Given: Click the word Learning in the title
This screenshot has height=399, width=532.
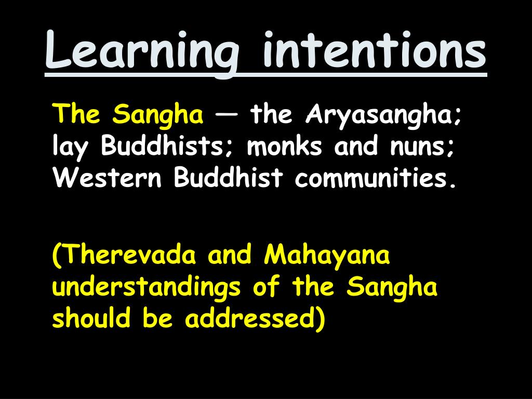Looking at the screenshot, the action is click(x=142, y=51).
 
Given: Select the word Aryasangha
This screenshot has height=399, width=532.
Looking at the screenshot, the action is click(x=383, y=116).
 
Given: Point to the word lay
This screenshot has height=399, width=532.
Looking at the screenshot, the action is click(x=70, y=148).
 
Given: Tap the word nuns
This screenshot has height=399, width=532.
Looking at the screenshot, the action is click(x=422, y=147).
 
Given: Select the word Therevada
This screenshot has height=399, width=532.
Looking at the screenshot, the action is click(x=124, y=255).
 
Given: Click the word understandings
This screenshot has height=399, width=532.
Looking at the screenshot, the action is click(x=146, y=288).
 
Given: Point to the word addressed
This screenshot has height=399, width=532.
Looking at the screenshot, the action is click(x=255, y=317).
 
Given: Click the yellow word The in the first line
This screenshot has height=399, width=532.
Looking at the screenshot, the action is click(x=76, y=113).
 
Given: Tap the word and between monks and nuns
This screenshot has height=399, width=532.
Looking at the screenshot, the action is click(x=356, y=146).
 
